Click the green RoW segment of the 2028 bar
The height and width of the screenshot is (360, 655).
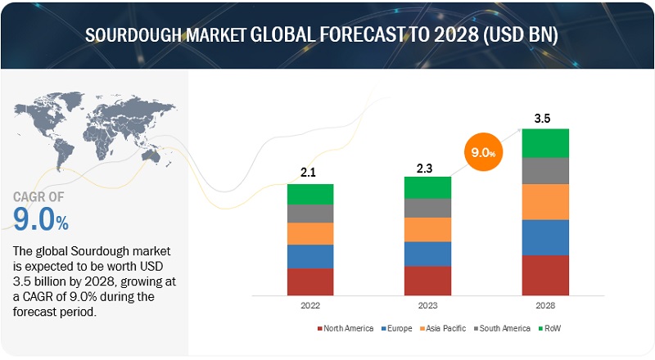pos(545,143)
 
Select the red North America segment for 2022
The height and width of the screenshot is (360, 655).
pos(310,281)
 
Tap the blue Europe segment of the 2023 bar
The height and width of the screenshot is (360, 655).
pos(427,254)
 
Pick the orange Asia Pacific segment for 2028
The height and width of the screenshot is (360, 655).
pos(545,202)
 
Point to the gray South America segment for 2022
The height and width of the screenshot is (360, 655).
pos(310,214)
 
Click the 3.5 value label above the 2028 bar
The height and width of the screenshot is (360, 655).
pos(542,118)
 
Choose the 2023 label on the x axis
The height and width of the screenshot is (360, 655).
pos(427,305)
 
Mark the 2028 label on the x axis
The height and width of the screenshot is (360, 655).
pos(545,305)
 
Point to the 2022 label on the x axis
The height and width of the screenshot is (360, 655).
pos(310,305)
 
